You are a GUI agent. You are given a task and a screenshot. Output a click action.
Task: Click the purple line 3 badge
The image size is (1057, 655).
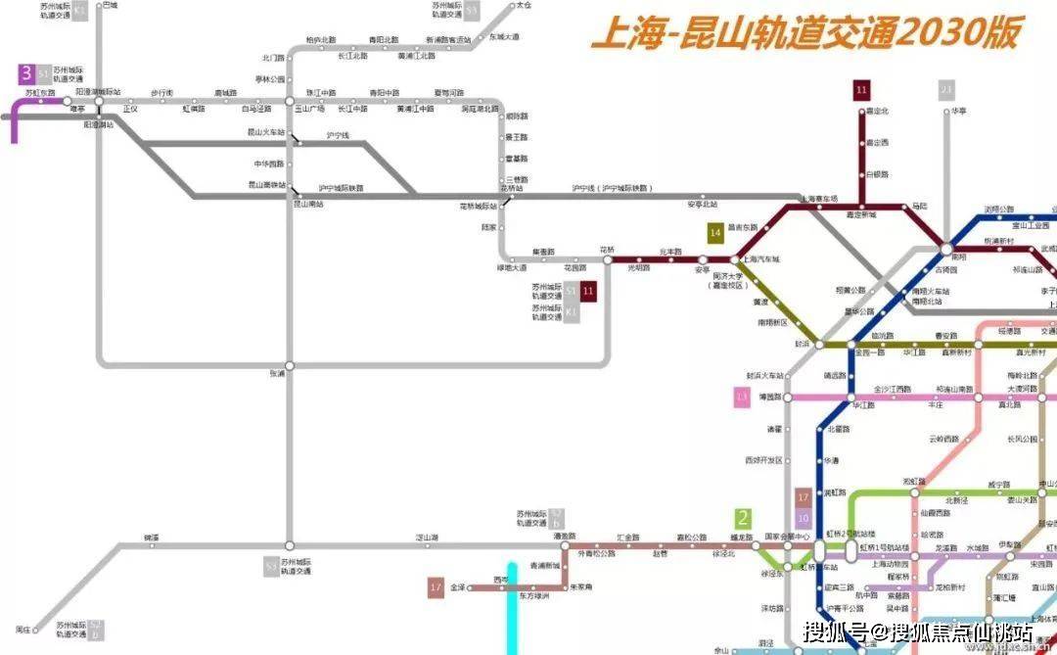click(26, 72)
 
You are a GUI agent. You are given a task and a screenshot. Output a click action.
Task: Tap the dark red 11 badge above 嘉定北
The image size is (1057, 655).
click(861, 90)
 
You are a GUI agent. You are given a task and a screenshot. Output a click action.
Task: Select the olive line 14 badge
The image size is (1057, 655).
click(716, 232)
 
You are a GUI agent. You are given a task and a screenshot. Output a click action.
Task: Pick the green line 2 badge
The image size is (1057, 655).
click(744, 519)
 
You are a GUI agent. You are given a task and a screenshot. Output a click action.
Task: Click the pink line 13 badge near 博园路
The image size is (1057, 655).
click(742, 397)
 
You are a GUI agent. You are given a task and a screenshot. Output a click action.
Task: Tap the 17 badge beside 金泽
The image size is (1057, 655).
click(437, 587)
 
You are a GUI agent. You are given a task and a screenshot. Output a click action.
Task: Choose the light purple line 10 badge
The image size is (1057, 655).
click(804, 519)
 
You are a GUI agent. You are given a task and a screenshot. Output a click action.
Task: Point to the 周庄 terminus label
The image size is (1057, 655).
click(24, 628)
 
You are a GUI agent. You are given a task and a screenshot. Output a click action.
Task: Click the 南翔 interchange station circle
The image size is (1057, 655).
click(946, 248)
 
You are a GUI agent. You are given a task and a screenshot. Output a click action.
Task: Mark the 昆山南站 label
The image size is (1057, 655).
click(309, 205)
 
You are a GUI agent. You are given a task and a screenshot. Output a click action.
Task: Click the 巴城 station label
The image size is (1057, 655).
click(110, 5)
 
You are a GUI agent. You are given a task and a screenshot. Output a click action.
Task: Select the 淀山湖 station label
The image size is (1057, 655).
click(427, 537)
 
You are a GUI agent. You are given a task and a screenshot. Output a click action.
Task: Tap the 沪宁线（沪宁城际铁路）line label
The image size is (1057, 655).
click(611, 188)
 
